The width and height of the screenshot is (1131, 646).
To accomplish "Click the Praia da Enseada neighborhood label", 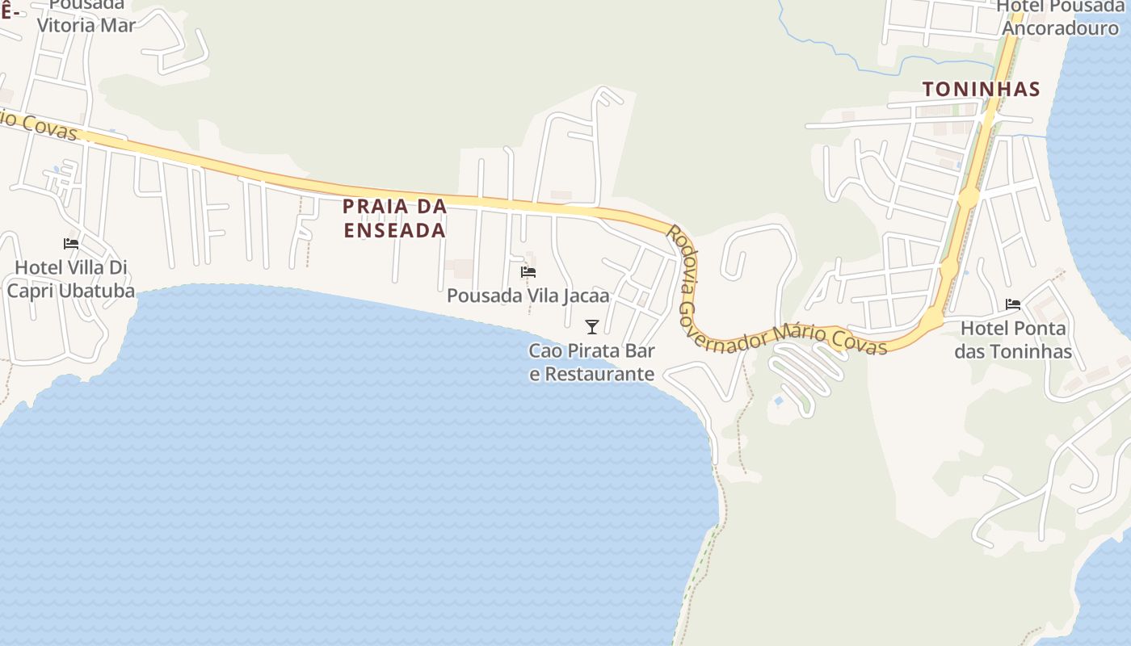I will [x=395, y=218].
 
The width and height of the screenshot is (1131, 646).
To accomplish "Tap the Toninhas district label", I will [x=981, y=89].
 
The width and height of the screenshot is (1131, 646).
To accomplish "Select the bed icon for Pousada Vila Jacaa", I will [x=528, y=272].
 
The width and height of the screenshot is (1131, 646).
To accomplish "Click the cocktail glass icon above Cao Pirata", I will [x=592, y=326].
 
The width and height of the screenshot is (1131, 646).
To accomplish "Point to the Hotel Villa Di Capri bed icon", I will [x=71, y=243].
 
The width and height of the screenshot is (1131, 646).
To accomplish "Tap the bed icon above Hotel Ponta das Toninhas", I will [x=1013, y=304].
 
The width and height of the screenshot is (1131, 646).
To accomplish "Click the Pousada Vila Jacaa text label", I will [x=528, y=296].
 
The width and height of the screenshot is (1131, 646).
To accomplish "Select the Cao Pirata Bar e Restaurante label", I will [x=591, y=363].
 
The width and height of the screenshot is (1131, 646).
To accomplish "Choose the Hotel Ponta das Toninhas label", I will [x=1013, y=340].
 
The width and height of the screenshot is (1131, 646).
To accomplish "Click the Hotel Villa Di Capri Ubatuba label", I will [x=71, y=279].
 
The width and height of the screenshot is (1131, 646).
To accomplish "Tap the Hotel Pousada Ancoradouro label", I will [x=1059, y=17].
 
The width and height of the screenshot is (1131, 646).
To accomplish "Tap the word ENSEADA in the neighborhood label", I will [x=395, y=230].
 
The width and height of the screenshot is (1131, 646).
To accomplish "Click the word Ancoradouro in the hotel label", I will [x=1060, y=28].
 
